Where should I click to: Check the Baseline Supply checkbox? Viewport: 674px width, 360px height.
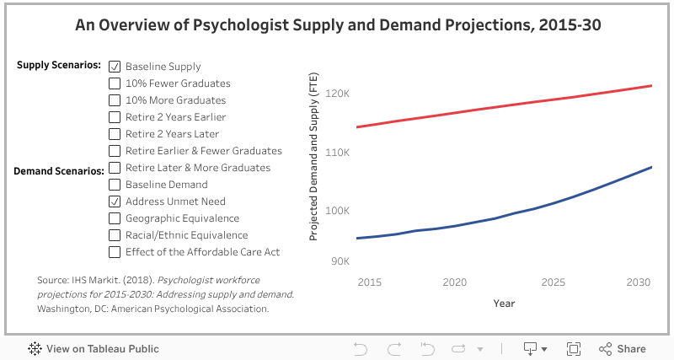pos(115,67)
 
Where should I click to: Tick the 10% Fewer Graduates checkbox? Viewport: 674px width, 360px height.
pos(115,83)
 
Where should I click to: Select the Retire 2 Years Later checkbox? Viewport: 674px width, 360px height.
pos(115,134)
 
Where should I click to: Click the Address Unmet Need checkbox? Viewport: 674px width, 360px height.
pos(115,201)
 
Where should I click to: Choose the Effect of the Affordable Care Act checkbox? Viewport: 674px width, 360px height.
pos(115,252)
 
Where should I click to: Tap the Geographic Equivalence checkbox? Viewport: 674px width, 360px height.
pos(115,218)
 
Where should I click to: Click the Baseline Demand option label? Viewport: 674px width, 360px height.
pos(166,185)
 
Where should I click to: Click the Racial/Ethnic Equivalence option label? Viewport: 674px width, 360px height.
pos(186,235)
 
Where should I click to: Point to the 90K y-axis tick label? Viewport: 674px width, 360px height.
pos(340,261)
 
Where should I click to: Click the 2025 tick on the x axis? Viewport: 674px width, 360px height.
pos(554,282)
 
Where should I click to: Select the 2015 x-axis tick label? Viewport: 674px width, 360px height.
pos(369,282)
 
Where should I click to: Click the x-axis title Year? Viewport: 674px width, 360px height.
pos(504,303)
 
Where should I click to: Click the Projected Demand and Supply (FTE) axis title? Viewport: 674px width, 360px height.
pos(313,157)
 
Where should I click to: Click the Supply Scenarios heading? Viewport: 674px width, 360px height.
pos(59,65)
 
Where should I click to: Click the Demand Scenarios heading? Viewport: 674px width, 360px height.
pos(58,171)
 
